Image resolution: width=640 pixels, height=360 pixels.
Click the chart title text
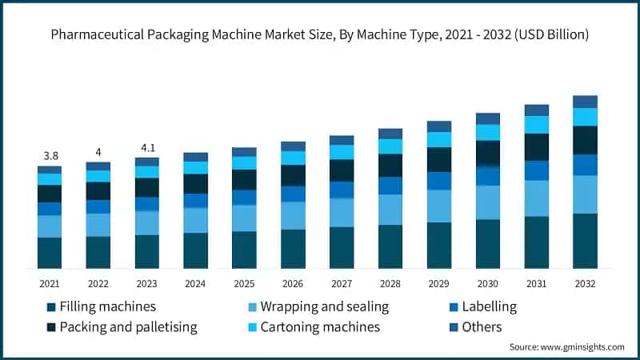pos(320,34)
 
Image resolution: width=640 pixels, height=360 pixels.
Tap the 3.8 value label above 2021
pos(50,155)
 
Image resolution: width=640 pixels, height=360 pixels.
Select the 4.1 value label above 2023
pos(146,147)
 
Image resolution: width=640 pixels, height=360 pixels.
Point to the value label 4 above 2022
pos(98,152)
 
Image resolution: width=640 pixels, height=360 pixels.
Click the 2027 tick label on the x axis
pos(342,283)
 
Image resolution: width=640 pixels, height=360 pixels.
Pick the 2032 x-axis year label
pos(585,283)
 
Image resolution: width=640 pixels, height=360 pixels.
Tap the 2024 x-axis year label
pos(195,283)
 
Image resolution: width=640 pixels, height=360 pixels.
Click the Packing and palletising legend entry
pos(122,326)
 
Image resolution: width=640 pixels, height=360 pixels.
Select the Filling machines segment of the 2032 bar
pos(585,240)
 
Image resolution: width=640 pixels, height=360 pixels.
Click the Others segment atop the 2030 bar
pos(488,118)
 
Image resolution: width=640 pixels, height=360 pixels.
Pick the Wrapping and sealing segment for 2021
pos(50,226)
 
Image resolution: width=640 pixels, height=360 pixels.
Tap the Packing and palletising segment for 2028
pos(390,165)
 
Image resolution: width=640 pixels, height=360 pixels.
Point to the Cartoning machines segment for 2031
pos(537,125)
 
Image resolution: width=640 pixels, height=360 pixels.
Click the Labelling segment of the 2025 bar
pos(244,198)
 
